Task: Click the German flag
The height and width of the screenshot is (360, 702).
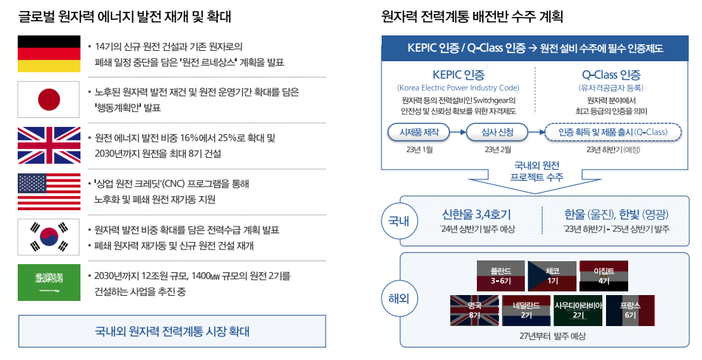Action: (x=49, y=53)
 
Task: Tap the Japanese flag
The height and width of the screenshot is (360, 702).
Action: (x=49, y=99)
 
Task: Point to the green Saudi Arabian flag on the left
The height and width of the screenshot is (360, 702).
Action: (x=49, y=282)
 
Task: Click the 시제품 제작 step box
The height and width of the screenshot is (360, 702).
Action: (x=419, y=132)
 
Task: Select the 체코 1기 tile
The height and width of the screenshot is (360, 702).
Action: (x=551, y=275)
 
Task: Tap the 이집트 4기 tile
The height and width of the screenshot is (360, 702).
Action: (x=604, y=275)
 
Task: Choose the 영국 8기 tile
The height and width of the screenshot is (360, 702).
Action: (x=475, y=310)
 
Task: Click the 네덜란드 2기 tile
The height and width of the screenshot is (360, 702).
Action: (x=526, y=310)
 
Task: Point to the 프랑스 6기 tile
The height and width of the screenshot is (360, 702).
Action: (x=630, y=310)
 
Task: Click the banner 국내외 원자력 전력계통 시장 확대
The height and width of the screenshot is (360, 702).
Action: (x=173, y=330)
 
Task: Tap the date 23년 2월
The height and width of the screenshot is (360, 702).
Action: (x=498, y=150)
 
